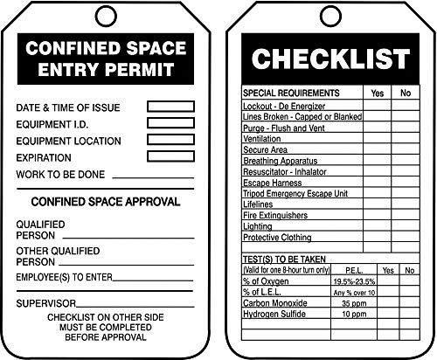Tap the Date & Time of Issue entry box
coord(170,107)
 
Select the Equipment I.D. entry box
coord(170,123)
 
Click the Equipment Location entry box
coord(170,140)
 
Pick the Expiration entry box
coord(170,156)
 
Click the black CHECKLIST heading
coord(329,59)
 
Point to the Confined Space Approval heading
coord(106,202)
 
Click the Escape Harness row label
coord(274,183)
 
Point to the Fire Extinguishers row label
coord(276,215)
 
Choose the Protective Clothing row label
coord(278,238)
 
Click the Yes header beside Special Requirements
coord(377,92)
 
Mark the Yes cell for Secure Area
coord(377,149)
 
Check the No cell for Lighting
coord(405,226)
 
